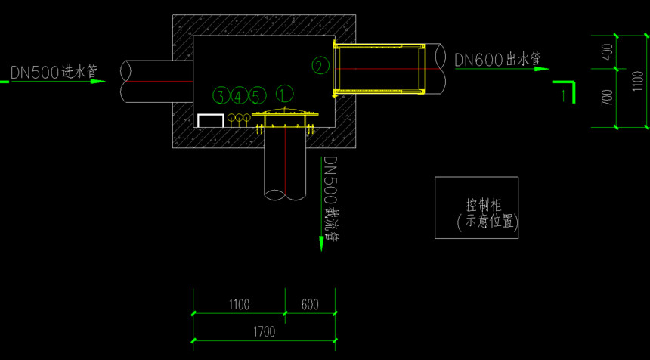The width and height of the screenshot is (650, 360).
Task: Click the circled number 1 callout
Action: click(x=285, y=94)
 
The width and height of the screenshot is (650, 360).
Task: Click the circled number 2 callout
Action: click(x=320, y=66)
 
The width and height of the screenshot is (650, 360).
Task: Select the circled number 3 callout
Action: click(x=221, y=96)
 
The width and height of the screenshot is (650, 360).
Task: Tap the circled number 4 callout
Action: click(x=238, y=96)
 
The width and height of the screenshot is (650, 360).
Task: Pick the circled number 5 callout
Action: click(x=256, y=96)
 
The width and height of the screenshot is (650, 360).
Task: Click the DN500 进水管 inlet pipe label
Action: click(x=54, y=73)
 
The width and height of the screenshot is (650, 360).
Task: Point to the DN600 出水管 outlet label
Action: click(x=498, y=59)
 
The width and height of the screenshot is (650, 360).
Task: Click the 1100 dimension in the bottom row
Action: click(x=239, y=305)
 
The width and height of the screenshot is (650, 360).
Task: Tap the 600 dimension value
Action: click(x=310, y=305)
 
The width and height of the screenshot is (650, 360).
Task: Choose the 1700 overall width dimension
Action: click(x=264, y=332)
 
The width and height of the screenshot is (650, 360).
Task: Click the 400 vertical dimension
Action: click(x=608, y=52)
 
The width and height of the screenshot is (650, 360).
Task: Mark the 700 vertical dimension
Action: click(x=608, y=98)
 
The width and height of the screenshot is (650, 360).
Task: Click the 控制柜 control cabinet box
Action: click(x=476, y=208)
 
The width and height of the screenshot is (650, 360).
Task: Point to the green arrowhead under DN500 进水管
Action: click(x=98, y=81)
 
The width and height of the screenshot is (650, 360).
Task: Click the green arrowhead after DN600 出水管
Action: click(x=542, y=69)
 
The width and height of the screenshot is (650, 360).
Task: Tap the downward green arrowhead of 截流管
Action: click(x=321, y=244)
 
